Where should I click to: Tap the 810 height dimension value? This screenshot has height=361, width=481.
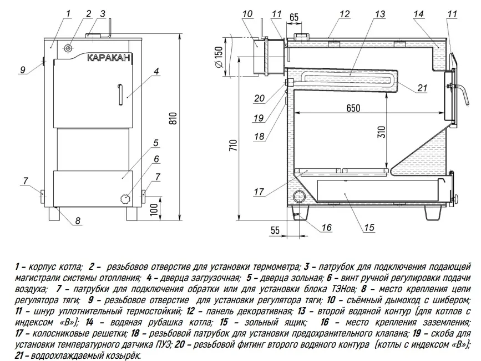tap(173, 116)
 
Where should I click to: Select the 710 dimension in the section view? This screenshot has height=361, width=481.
tap(233, 146)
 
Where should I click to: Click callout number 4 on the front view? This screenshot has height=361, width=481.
tap(157, 71)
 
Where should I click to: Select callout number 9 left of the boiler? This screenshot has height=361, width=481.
tap(23, 70)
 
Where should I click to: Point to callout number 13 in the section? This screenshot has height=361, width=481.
tap(379, 13)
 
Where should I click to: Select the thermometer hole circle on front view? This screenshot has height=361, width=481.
tap(68, 48)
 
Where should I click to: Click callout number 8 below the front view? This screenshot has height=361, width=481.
tap(78, 221)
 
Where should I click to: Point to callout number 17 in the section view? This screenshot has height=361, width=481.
tap(259, 193)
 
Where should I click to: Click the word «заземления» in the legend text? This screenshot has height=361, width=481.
tap(441, 323)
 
